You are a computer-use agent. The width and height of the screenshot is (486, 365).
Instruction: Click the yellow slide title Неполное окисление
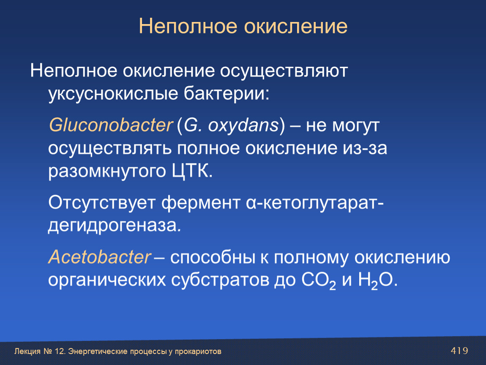click(x=243, y=26)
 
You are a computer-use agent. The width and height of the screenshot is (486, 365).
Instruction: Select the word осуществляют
click(x=284, y=71)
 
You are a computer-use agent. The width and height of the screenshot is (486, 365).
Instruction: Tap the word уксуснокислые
click(x=113, y=93)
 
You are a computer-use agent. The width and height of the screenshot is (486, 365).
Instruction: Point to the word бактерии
click(x=227, y=93)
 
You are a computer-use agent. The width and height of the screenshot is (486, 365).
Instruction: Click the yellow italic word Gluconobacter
click(x=110, y=125)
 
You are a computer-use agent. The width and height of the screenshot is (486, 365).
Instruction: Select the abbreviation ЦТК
click(x=192, y=171)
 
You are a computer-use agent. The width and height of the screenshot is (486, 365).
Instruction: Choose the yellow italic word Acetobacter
click(x=99, y=257)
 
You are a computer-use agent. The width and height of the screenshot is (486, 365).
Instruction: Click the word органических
click(x=107, y=280)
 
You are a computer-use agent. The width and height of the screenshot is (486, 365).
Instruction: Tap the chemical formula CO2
click(x=319, y=281)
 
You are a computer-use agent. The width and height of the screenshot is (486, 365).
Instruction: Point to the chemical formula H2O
click(x=377, y=281)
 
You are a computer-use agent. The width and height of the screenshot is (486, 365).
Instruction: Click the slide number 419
click(x=459, y=351)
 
